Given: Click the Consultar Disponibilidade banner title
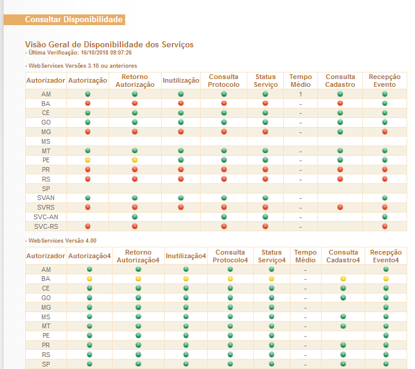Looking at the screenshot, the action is pos(74,20).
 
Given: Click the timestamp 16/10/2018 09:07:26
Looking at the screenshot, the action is pos(106,53).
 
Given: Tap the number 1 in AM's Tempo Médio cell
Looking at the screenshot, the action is pos(301,94).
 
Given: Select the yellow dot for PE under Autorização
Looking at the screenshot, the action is pos(87,160).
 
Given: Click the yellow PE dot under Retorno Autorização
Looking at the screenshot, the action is pos(135,160).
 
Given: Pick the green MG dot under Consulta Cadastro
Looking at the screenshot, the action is pos(340,132).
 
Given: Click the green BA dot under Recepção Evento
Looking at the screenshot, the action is pos(384,103).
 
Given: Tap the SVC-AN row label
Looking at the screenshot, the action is pos(46,217).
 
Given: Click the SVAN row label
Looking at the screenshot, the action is pos(46,198).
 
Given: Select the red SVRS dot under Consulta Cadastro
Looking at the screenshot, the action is pos(340,207).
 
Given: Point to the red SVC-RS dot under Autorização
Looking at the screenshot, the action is pos(87,226).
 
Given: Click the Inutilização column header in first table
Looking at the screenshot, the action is pos(181,80).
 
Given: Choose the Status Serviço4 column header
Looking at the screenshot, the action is pos(272,256).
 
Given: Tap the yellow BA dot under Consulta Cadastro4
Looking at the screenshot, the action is pos(343,279).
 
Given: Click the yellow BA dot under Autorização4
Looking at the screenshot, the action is pos(89,279).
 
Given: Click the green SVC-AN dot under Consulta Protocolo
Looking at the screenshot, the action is pos(224,217).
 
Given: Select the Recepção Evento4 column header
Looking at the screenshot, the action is pos(386,256).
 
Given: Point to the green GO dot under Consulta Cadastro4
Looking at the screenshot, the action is pos(343,298).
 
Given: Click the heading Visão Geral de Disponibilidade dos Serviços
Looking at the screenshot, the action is pos(109,44).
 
